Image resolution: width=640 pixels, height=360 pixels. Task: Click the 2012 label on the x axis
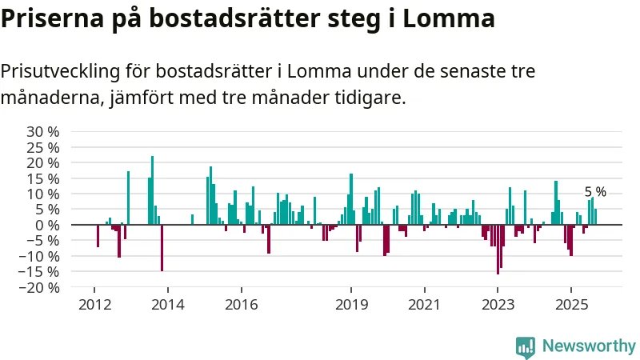(94, 305)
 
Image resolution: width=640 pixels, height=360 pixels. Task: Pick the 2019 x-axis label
(350, 305)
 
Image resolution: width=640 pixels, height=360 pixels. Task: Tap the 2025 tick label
(570, 305)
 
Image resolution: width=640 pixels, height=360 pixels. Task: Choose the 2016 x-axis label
(241, 305)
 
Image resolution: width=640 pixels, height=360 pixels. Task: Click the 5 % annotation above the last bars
(595, 192)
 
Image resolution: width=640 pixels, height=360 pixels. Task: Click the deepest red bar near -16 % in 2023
(498, 250)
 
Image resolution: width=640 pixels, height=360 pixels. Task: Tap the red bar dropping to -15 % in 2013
(162, 248)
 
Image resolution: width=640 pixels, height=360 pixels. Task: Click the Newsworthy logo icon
(526, 346)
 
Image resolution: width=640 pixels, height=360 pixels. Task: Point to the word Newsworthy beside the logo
(589, 346)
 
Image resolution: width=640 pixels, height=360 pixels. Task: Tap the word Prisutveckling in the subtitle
(59, 72)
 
